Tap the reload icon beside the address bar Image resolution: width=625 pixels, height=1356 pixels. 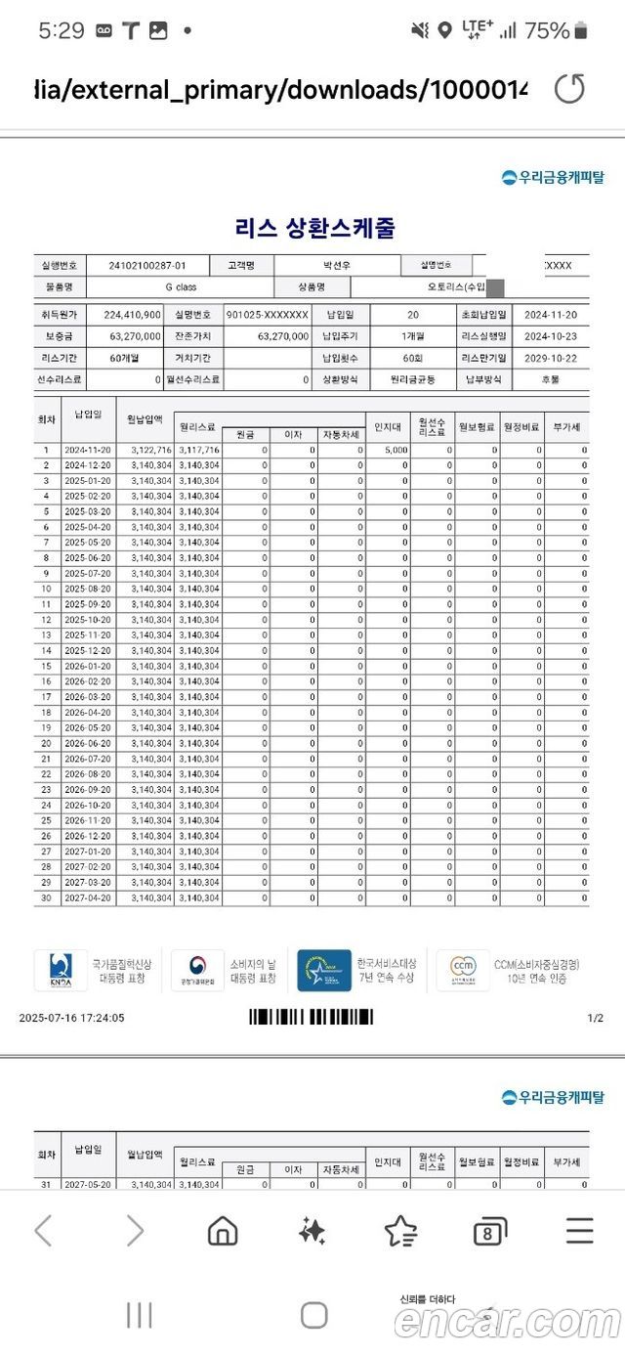point(569,90)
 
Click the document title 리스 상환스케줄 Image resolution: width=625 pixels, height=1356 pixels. point(314,228)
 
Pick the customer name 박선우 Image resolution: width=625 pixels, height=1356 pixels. point(336,265)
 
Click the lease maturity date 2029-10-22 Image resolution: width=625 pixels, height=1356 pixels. point(550,358)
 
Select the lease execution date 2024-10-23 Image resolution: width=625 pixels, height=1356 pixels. point(550,336)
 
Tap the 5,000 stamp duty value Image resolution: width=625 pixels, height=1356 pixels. point(389,450)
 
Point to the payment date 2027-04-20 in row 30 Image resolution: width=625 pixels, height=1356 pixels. point(88,898)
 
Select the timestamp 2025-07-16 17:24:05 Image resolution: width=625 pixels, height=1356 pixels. point(71,1018)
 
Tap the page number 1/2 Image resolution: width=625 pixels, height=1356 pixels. point(595,1018)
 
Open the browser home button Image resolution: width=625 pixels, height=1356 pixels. point(223,1231)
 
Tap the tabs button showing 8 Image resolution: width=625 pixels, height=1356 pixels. point(489,1232)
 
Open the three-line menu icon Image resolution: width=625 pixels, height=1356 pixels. point(579,1231)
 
